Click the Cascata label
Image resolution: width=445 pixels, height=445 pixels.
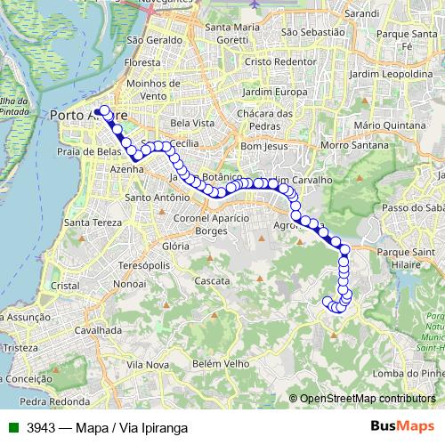click(212, 280)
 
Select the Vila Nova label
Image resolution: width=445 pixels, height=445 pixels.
click(148, 365)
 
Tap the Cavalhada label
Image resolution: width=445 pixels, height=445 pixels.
click(98, 329)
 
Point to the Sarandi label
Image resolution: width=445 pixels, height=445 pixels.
click(364, 14)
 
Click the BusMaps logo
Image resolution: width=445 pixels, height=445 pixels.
click(401, 426)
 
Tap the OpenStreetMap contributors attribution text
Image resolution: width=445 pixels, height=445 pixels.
click(367, 399)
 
